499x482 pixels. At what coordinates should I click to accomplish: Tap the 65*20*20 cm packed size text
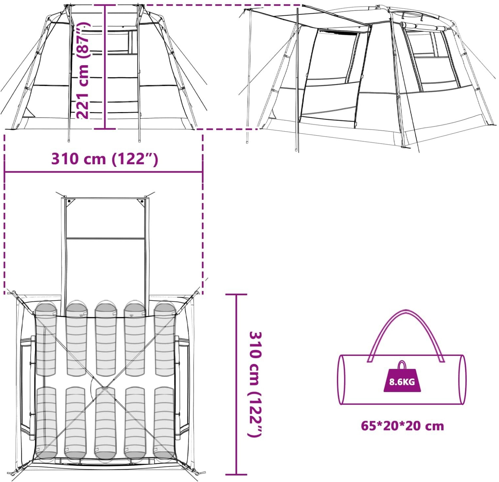(x=402, y=426)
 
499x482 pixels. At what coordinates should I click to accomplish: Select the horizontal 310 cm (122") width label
(x=104, y=159)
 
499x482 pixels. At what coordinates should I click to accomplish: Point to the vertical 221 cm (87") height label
(x=83, y=70)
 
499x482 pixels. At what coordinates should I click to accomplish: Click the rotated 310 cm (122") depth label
(x=255, y=385)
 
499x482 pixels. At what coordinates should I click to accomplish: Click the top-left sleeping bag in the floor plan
(x=46, y=339)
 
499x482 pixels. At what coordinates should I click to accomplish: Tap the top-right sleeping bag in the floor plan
(x=165, y=339)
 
